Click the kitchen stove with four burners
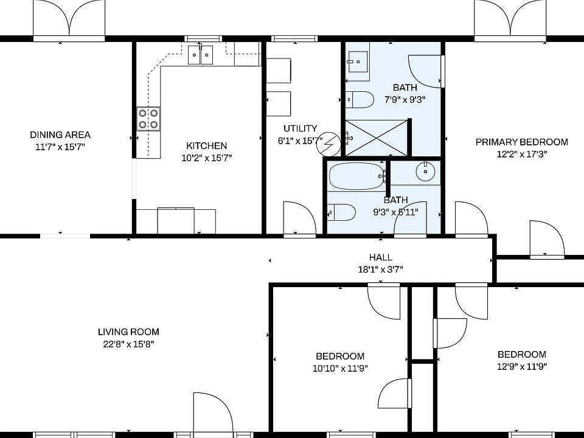pos(148,118)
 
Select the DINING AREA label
pos(60,135)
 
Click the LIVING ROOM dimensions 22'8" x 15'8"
pos(128,344)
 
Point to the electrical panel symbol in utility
pos(329,144)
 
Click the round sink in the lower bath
pos(425,172)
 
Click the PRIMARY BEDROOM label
pos(521,142)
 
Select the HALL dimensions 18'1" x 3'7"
pos(380,269)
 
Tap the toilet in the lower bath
pos(342,212)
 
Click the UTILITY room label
pos(300,128)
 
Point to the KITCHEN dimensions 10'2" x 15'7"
pos(206,158)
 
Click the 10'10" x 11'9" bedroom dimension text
pos(340,368)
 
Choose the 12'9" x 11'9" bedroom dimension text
pos(521,366)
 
